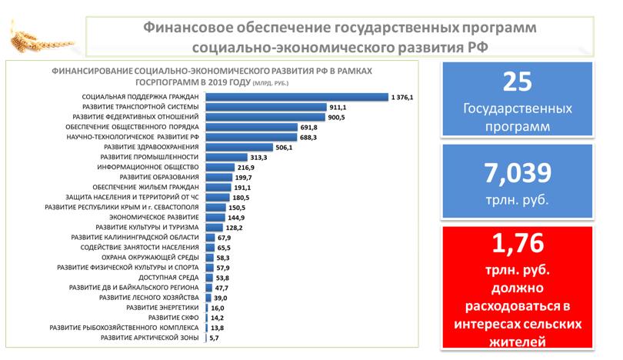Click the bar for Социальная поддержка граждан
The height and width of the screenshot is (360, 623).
pyautogui.click(x=297, y=97)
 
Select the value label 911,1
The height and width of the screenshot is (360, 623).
pyautogui.click(x=338, y=107)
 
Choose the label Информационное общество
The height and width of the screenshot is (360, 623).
pyautogui.click(x=148, y=166)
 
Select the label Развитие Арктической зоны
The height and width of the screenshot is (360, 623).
pyautogui.click(x=151, y=337)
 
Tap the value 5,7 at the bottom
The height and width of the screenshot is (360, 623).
pyautogui.click(x=215, y=337)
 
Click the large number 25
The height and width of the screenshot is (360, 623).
pyautogui.click(x=518, y=82)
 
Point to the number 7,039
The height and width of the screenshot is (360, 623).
pyautogui.click(x=518, y=170)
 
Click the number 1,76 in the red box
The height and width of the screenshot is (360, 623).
pyautogui.click(x=518, y=246)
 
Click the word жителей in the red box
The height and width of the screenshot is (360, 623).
pyautogui.click(x=518, y=337)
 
